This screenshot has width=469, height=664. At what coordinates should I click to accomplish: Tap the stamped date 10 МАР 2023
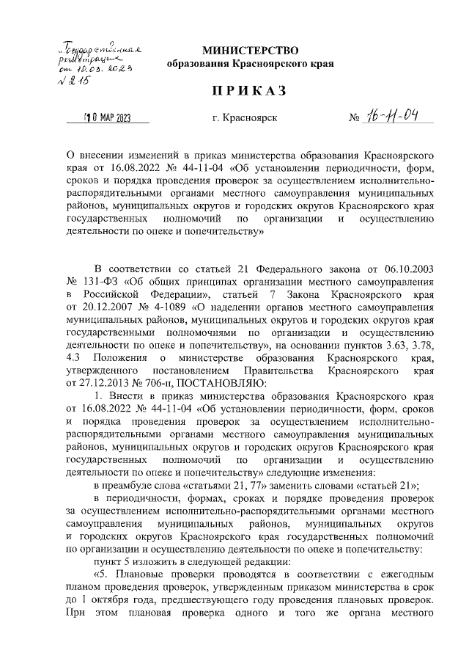click(x=107, y=117)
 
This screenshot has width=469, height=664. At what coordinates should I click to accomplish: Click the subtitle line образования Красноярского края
click(x=251, y=65)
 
